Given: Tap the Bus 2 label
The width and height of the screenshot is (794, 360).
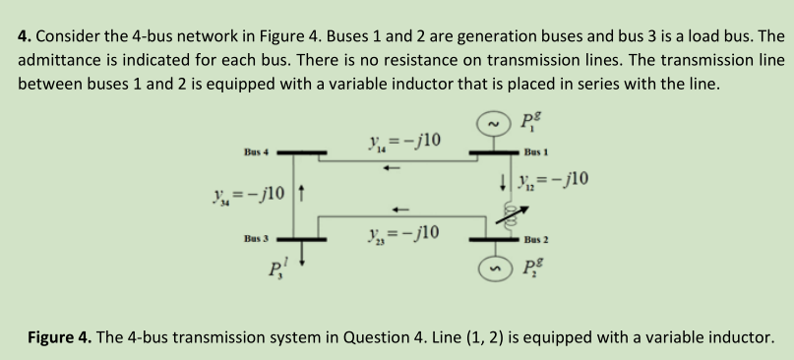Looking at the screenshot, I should (537, 240).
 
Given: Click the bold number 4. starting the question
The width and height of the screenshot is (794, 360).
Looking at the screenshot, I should (26, 35).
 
